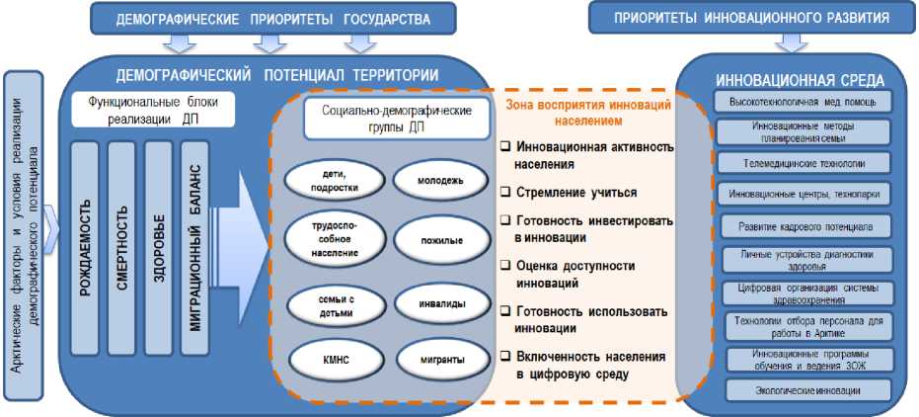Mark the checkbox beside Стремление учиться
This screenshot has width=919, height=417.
(x=505, y=193)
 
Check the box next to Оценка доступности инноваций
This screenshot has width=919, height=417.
(x=505, y=266)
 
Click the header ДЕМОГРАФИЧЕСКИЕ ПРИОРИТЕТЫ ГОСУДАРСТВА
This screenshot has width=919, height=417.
(x=273, y=17)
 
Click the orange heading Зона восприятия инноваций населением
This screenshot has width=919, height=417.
(x=587, y=112)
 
